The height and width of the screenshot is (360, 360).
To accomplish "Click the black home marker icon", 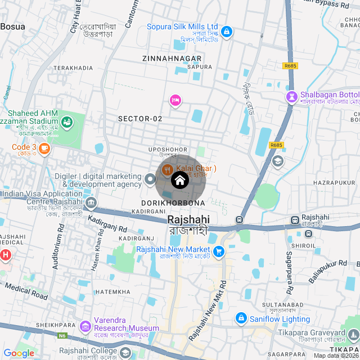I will click(x=179, y=180).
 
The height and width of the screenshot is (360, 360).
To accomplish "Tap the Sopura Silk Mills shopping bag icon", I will click(x=226, y=32).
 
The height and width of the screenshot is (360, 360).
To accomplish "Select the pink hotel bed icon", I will click(x=175, y=100).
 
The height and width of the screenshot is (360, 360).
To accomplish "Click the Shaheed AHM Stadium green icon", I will click(x=67, y=121).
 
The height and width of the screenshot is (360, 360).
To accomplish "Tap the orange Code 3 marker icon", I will click(x=44, y=148).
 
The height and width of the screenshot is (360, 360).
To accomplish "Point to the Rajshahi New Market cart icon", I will click(x=219, y=251).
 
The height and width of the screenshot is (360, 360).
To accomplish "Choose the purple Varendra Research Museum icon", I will click(x=85, y=326).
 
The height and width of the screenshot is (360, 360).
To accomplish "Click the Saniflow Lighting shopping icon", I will click(x=241, y=319).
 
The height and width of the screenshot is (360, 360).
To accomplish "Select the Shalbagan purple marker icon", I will click(x=291, y=97).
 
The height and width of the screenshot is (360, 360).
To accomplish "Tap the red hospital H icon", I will click(x=6, y=255).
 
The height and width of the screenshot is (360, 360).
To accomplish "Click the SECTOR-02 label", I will click(x=140, y=119).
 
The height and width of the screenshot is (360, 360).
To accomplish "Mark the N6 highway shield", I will click(x=61, y=336).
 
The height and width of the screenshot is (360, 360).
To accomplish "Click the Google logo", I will click(x=19, y=353).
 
